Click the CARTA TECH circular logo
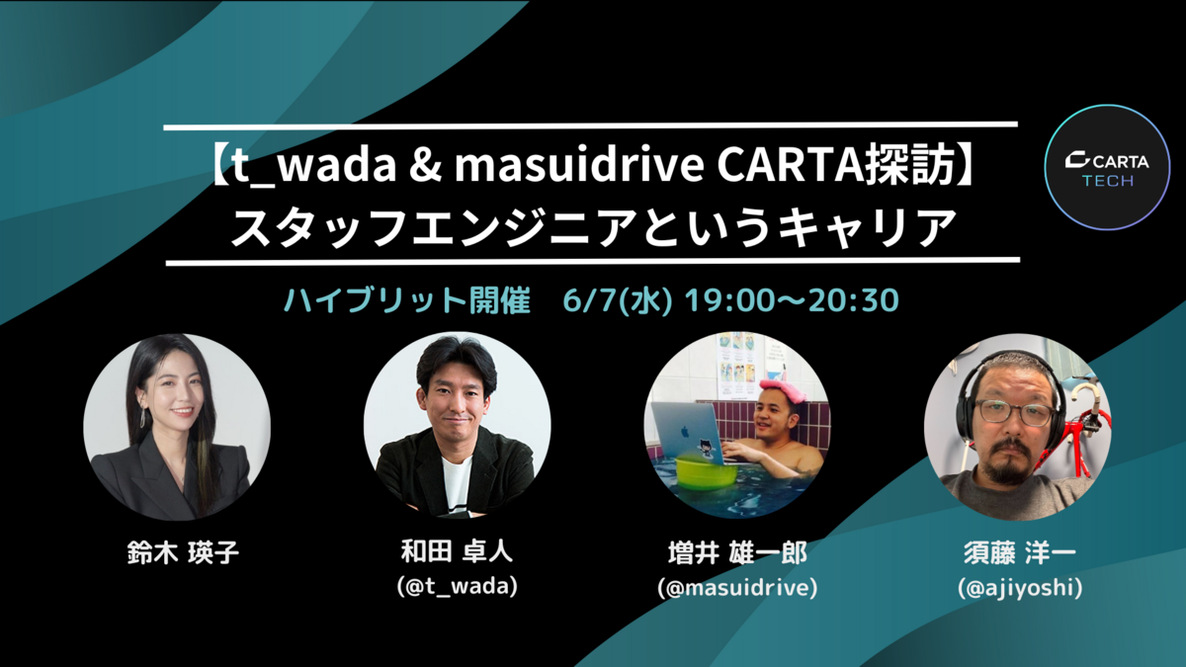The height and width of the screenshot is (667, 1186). pos(1107,167)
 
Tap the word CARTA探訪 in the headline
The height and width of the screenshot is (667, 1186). pos(836,165)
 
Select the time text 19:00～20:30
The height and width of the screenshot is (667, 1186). pos(792,300)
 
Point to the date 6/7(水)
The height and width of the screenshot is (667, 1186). pos(617,300)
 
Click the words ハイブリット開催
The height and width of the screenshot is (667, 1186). pos(407,300)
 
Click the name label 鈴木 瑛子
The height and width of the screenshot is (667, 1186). pos(183,552)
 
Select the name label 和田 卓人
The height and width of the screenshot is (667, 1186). pos(457,550)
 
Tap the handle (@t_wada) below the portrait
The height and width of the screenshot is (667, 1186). pos(457,586)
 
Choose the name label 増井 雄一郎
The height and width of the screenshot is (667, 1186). pos(737,552)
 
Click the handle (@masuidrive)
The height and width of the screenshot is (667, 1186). pos(737,587)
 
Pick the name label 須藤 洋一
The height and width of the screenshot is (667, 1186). pos(1019,552)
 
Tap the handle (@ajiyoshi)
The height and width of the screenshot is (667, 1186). pos(1020,588)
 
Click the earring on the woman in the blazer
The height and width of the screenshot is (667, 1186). pos(143,416)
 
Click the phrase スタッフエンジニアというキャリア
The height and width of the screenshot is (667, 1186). pos(593,227)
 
